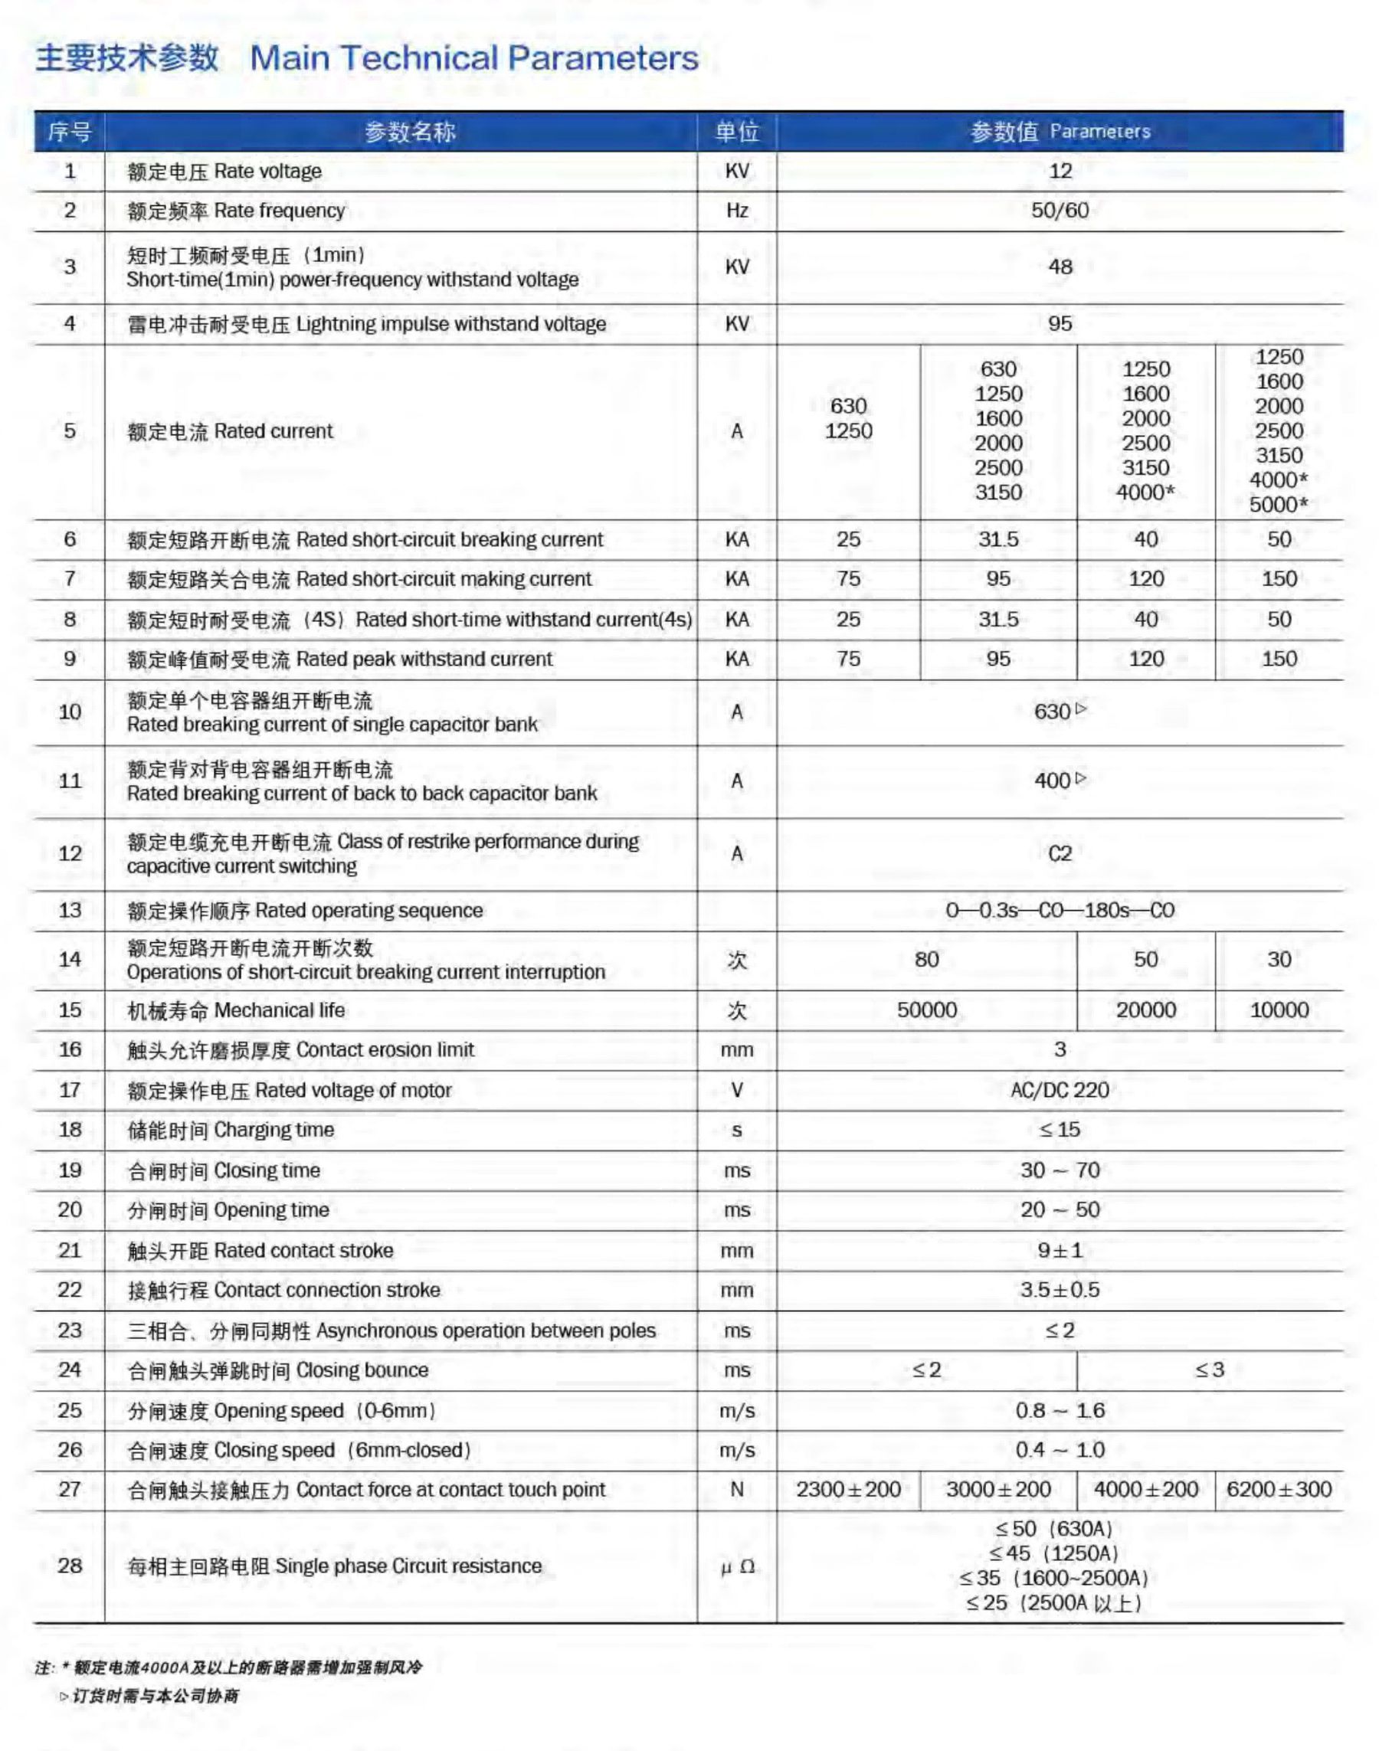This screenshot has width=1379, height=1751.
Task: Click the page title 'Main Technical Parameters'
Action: [x=474, y=58]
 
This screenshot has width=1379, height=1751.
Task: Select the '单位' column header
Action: [x=736, y=132]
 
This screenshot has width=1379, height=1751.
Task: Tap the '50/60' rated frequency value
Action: [x=1060, y=211]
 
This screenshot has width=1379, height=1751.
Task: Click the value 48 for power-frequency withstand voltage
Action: [x=1060, y=267]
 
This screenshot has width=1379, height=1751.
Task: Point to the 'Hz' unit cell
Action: [x=736, y=211]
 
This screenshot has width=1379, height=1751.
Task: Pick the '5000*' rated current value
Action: [x=1279, y=505]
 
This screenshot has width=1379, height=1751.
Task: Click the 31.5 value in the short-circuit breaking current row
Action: [x=998, y=539]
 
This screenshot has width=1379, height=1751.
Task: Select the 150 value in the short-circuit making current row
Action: [x=1279, y=579]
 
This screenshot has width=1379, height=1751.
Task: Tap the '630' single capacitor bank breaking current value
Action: [x=1053, y=712]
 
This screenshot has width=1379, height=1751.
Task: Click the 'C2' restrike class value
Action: [x=1060, y=854]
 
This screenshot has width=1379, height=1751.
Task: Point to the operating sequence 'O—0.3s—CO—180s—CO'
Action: [x=1060, y=911]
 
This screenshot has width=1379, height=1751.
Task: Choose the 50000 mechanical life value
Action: [x=927, y=1010]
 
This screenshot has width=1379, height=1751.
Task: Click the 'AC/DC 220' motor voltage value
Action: [x=1060, y=1091]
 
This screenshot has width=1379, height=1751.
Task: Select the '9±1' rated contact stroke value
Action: [x=1060, y=1251]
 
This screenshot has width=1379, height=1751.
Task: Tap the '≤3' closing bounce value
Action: [x=1210, y=1370]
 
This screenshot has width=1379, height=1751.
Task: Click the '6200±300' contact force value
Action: [x=1279, y=1490]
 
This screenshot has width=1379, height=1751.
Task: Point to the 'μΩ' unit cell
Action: [x=736, y=1567]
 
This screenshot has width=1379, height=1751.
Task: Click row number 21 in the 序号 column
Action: [x=70, y=1251]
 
